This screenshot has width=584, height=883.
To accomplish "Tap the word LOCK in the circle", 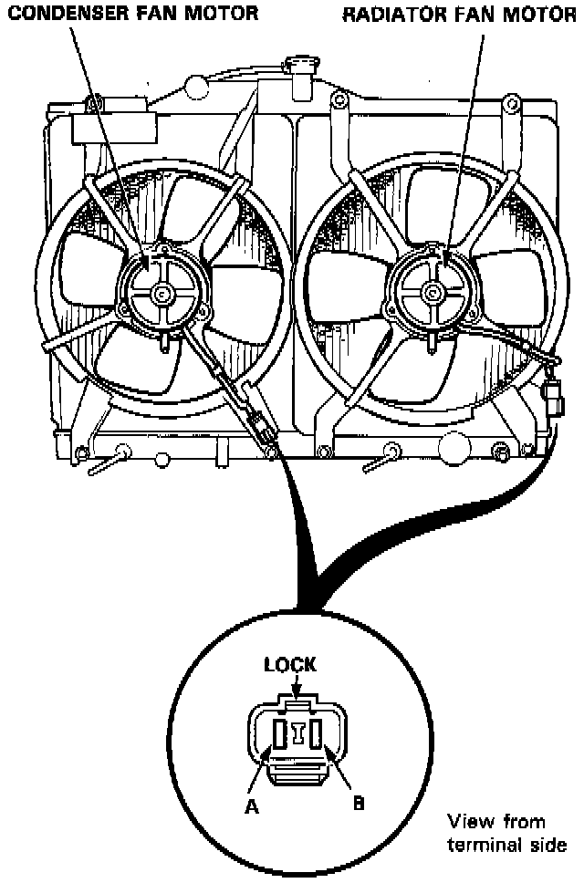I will coord(289,665).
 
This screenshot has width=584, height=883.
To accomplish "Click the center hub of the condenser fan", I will coord(162,293).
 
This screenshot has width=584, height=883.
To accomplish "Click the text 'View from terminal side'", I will coord(506,831).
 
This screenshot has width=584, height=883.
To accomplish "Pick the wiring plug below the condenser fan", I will coord(262,427).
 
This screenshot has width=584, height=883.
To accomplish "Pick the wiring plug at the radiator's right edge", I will coord(551,398).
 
